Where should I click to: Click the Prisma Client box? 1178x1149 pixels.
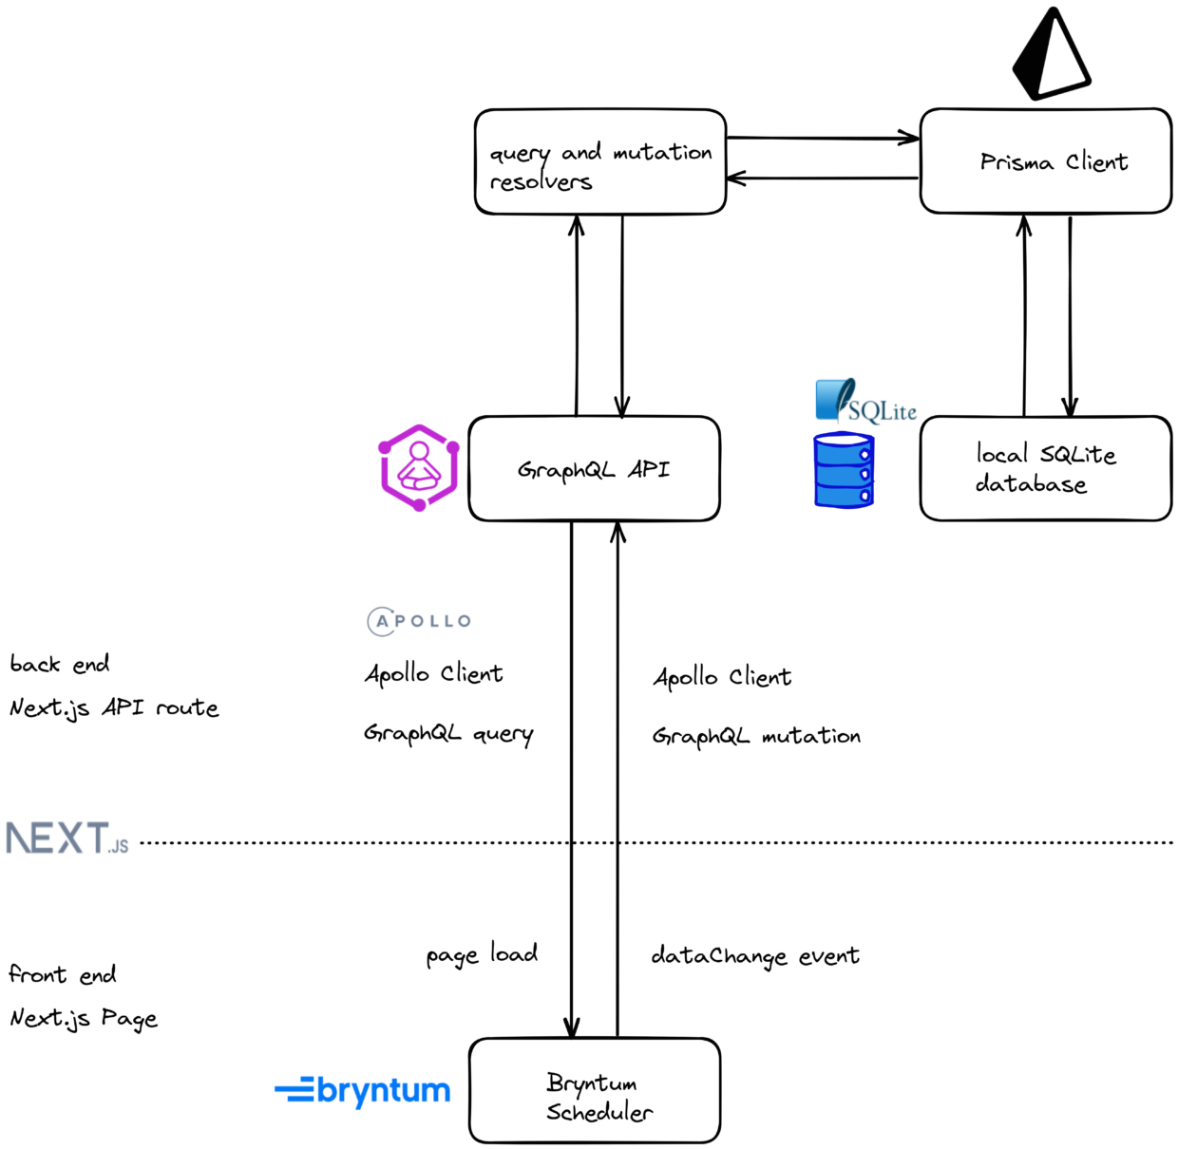click(1045, 161)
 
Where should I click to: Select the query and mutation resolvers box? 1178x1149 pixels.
click(600, 162)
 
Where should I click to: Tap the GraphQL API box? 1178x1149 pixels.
click(594, 469)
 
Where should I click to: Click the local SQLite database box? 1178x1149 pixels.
click(1045, 469)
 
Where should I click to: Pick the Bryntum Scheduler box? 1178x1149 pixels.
click(595, 1091)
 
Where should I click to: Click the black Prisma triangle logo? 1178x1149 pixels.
click(1049, 55)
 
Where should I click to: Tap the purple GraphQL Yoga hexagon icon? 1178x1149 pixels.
click(419, 467)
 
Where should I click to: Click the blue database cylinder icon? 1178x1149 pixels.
click(844, 470)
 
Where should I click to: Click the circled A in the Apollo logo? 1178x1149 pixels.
click(382, 621)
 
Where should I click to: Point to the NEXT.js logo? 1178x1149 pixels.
click(66, 838)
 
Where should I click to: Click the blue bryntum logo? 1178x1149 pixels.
click(363, 1091)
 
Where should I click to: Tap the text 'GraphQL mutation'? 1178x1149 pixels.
click(756, 736)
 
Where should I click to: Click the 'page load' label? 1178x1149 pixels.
click(482, 954)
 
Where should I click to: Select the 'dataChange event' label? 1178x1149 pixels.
click(755, 956)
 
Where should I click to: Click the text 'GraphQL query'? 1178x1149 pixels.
click(448, 734)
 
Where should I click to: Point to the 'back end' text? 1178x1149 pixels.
click(60, 664)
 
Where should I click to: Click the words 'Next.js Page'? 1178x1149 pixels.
click(84, 1019)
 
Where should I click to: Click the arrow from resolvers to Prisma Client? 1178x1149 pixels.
click(822, 139)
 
